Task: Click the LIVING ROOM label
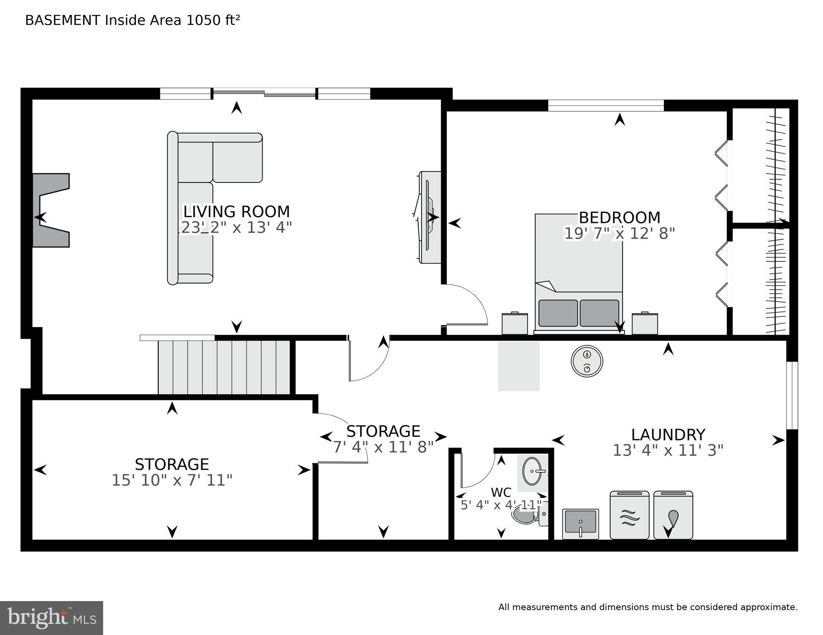tap(237, 212)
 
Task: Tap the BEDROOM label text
tap(619, 218)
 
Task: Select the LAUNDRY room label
tap(668, 435)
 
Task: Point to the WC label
tap(501, 492)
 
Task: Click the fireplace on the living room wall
tap(51, 210)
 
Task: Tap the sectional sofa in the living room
tap(207, 199)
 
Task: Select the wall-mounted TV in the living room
tap(429, 217)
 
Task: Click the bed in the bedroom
tap(579, 273)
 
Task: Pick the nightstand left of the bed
tap(515, 323)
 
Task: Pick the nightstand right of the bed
tap(645, 323)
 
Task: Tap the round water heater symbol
tap(587, 361)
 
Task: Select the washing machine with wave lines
tap(630, 515)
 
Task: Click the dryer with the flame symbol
tap(673, 515)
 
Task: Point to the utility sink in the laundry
tap(580, 524)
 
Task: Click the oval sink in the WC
tap(533, 471)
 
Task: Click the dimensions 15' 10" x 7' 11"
tap(172, 480)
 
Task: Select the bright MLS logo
tap(51, 618)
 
